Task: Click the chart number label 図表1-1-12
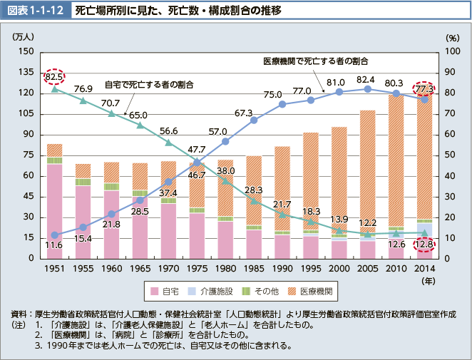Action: (34, 11)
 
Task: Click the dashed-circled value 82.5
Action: (54, 76)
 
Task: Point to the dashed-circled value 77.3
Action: (424, 88)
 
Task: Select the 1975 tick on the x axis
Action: (197, 269)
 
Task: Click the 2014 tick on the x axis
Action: (424, 269)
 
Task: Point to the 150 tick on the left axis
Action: (26, 51)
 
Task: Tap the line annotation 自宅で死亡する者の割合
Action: (150, 84)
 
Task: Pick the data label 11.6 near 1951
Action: (53, 245)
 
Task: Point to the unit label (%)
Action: (453, 36)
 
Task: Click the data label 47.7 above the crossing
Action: (197, 149)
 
